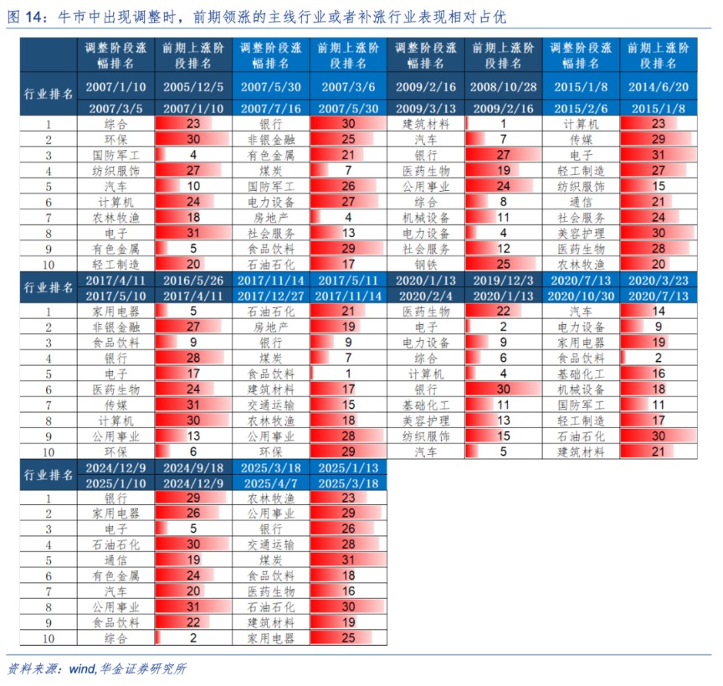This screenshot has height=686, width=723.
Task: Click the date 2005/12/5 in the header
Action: coord(194,86)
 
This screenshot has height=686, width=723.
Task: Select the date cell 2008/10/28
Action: coord(504,86)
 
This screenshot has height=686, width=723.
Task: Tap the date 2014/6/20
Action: coord(659,86)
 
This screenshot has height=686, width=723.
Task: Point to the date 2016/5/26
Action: coord(194,281)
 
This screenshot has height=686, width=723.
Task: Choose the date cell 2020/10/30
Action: coord(582,297)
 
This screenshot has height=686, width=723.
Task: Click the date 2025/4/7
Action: coord(272,483)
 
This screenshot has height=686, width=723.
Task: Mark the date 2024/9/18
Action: coord(194,468)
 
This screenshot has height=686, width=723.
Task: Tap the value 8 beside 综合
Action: coord(504,201)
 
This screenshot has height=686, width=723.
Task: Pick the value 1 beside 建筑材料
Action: coord(504,123)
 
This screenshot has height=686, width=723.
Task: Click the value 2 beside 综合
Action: coord(194,638)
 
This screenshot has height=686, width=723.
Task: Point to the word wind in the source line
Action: coord(81,669)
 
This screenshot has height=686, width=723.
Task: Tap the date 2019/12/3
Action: coord(504,281)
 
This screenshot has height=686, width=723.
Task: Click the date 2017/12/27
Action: coord(272,297)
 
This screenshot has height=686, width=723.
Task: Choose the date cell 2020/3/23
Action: coord(659,281)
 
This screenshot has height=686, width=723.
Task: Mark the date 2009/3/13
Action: coord(426,108)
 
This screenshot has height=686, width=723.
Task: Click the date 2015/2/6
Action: coord(582,108)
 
